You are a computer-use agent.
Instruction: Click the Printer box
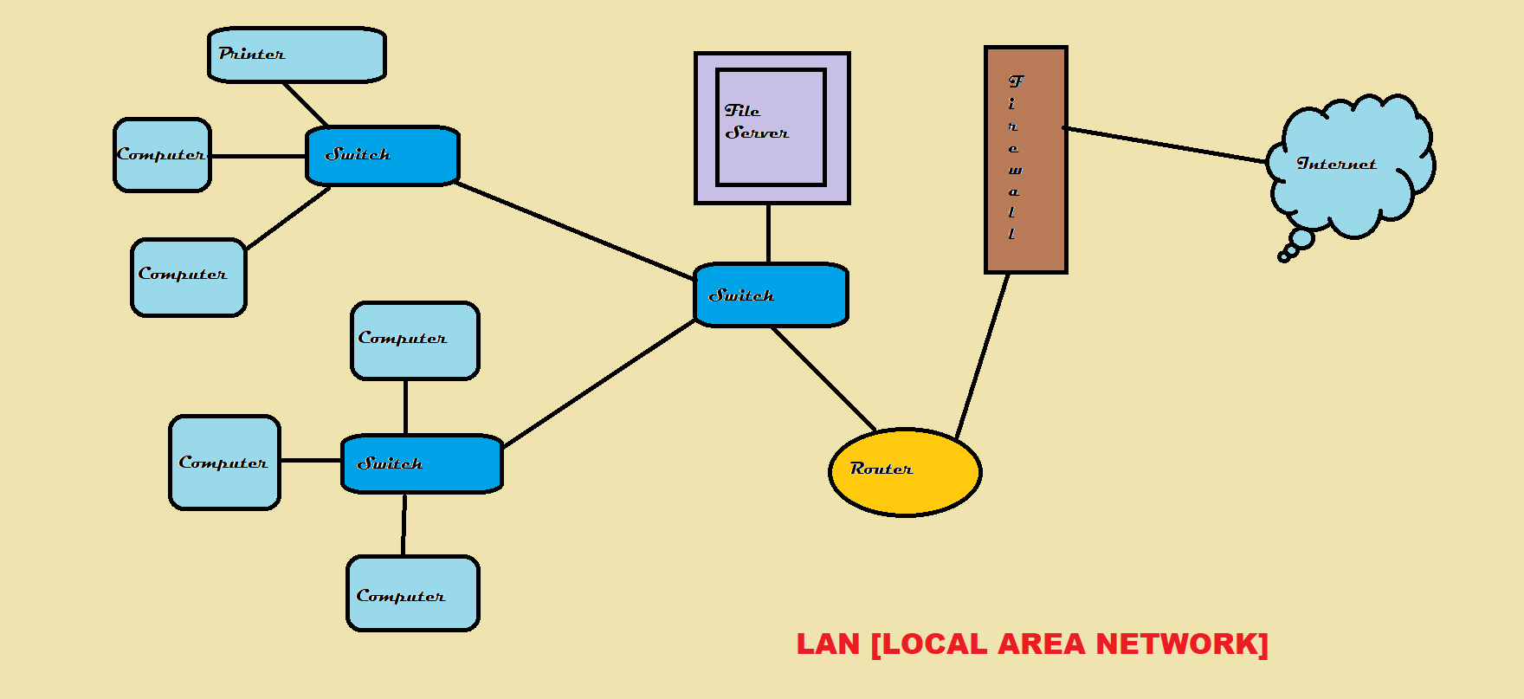click(x=297, y=55)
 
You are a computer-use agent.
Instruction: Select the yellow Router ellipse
click(x=905, y=472)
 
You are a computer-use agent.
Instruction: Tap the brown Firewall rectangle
click(x=1026, y=160)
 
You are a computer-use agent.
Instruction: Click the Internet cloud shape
click(x=1351, y=165)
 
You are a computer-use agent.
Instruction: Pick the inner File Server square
click(x=771, y=127)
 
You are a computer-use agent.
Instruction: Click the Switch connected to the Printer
click(x=382, y=156)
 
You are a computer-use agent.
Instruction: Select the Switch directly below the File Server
click(x=771, y=295)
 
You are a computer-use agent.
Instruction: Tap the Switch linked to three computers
click(x=422, y=463)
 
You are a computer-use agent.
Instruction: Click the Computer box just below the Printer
click(x=162, y=155)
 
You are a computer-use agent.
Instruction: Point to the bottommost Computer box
click(x=413, y=594)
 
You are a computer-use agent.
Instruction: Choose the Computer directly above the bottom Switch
click(x=415, y=340)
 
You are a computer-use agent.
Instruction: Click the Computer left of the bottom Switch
click(x=224, y=463)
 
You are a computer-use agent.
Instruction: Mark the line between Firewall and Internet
click(x=1165, y=145)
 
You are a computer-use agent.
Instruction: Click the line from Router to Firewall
click(x=983, y=355)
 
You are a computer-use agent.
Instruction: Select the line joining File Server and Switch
click(x=768, y=234)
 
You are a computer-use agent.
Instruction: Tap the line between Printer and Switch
click(x=305, y=104)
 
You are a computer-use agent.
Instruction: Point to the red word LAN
click(x=828, y=644)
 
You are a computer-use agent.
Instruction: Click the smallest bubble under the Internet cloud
click(x=1283, y=257)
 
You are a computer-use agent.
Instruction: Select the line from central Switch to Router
click(x=823, y=379)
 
